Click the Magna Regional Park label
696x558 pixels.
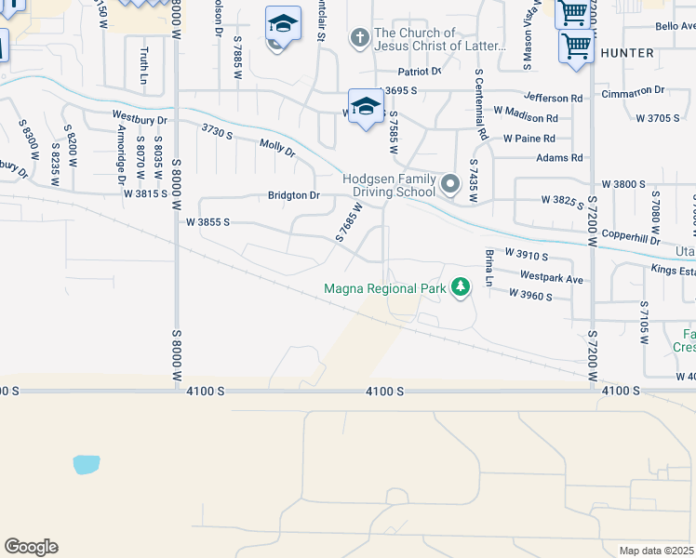click(385, 288)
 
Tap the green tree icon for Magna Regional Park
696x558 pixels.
click(459, 288)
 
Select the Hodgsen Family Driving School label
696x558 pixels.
click(389, 185)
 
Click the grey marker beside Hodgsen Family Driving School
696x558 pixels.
click(450, 184)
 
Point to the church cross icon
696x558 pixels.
click(360, 38)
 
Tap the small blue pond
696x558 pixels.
click(86, 464)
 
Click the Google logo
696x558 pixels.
click(31, 547)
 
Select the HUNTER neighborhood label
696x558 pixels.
click(627, 53)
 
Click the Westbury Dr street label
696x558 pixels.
click(140, 119)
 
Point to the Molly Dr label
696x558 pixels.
click(276, 147)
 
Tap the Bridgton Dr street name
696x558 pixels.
click(293, 195)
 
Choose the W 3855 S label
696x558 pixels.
click(207, 223)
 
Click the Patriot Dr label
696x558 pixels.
click(419, 72)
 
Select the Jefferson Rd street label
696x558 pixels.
click(553, 97)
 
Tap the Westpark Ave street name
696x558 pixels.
click(551, 277)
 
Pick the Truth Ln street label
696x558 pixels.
click(144, 66)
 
